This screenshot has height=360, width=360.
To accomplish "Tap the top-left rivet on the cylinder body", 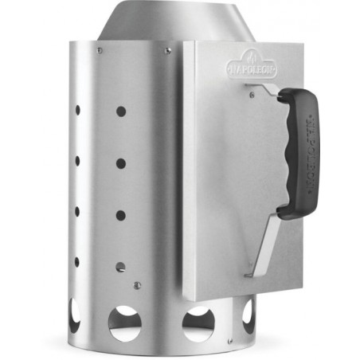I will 99,51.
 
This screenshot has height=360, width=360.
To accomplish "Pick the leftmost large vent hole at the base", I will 74,315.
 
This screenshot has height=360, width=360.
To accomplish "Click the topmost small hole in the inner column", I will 120,112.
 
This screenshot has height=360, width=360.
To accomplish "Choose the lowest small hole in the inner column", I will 120,267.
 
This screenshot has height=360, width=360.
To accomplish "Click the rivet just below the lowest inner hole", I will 137,284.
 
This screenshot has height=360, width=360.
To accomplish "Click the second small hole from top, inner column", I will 120,163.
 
